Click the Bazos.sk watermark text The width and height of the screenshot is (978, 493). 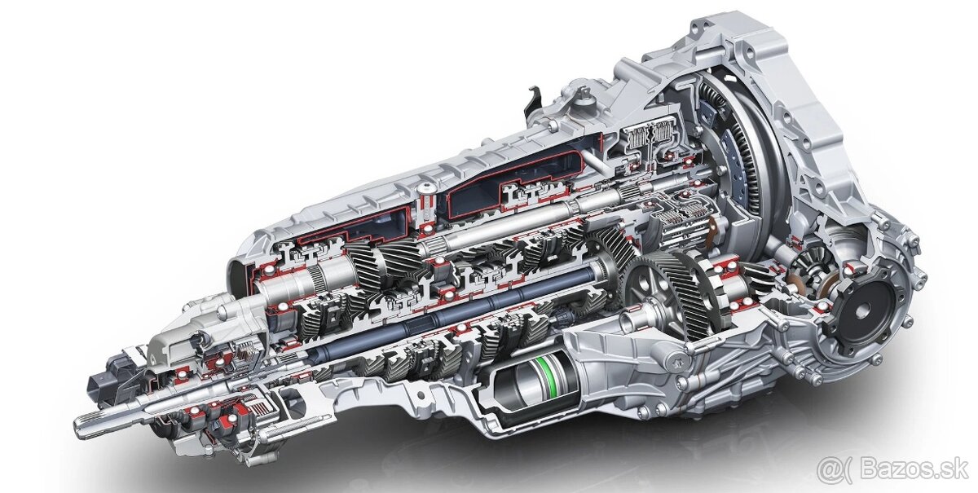pyautogui.click(x=914, y=470)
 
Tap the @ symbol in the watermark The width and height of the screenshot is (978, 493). pyautogui.click(x=828, y=470)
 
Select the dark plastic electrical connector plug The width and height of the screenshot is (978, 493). pyautogui.click(x=103, y=384)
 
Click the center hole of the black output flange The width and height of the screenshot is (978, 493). pyautogui.click(x=861, y=310)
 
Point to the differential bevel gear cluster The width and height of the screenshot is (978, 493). pyautogui.click(x=810, y=271)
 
